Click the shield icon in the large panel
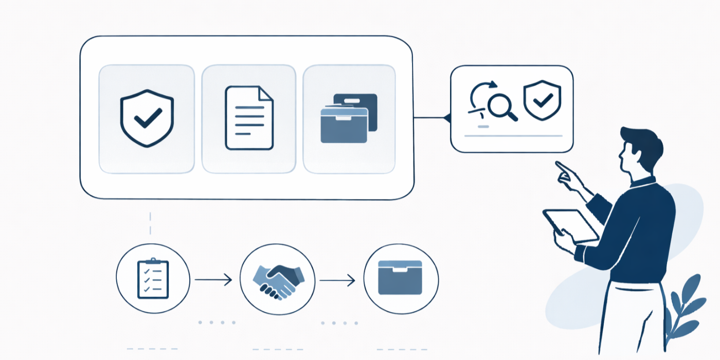coord(147,119)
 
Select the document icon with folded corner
coord(249,118)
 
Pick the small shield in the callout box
coord(542,100)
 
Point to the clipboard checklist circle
coord(153,280)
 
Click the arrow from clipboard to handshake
coord(213,280)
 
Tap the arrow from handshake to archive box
coord(337,281)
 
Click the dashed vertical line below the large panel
coord(150,223)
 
